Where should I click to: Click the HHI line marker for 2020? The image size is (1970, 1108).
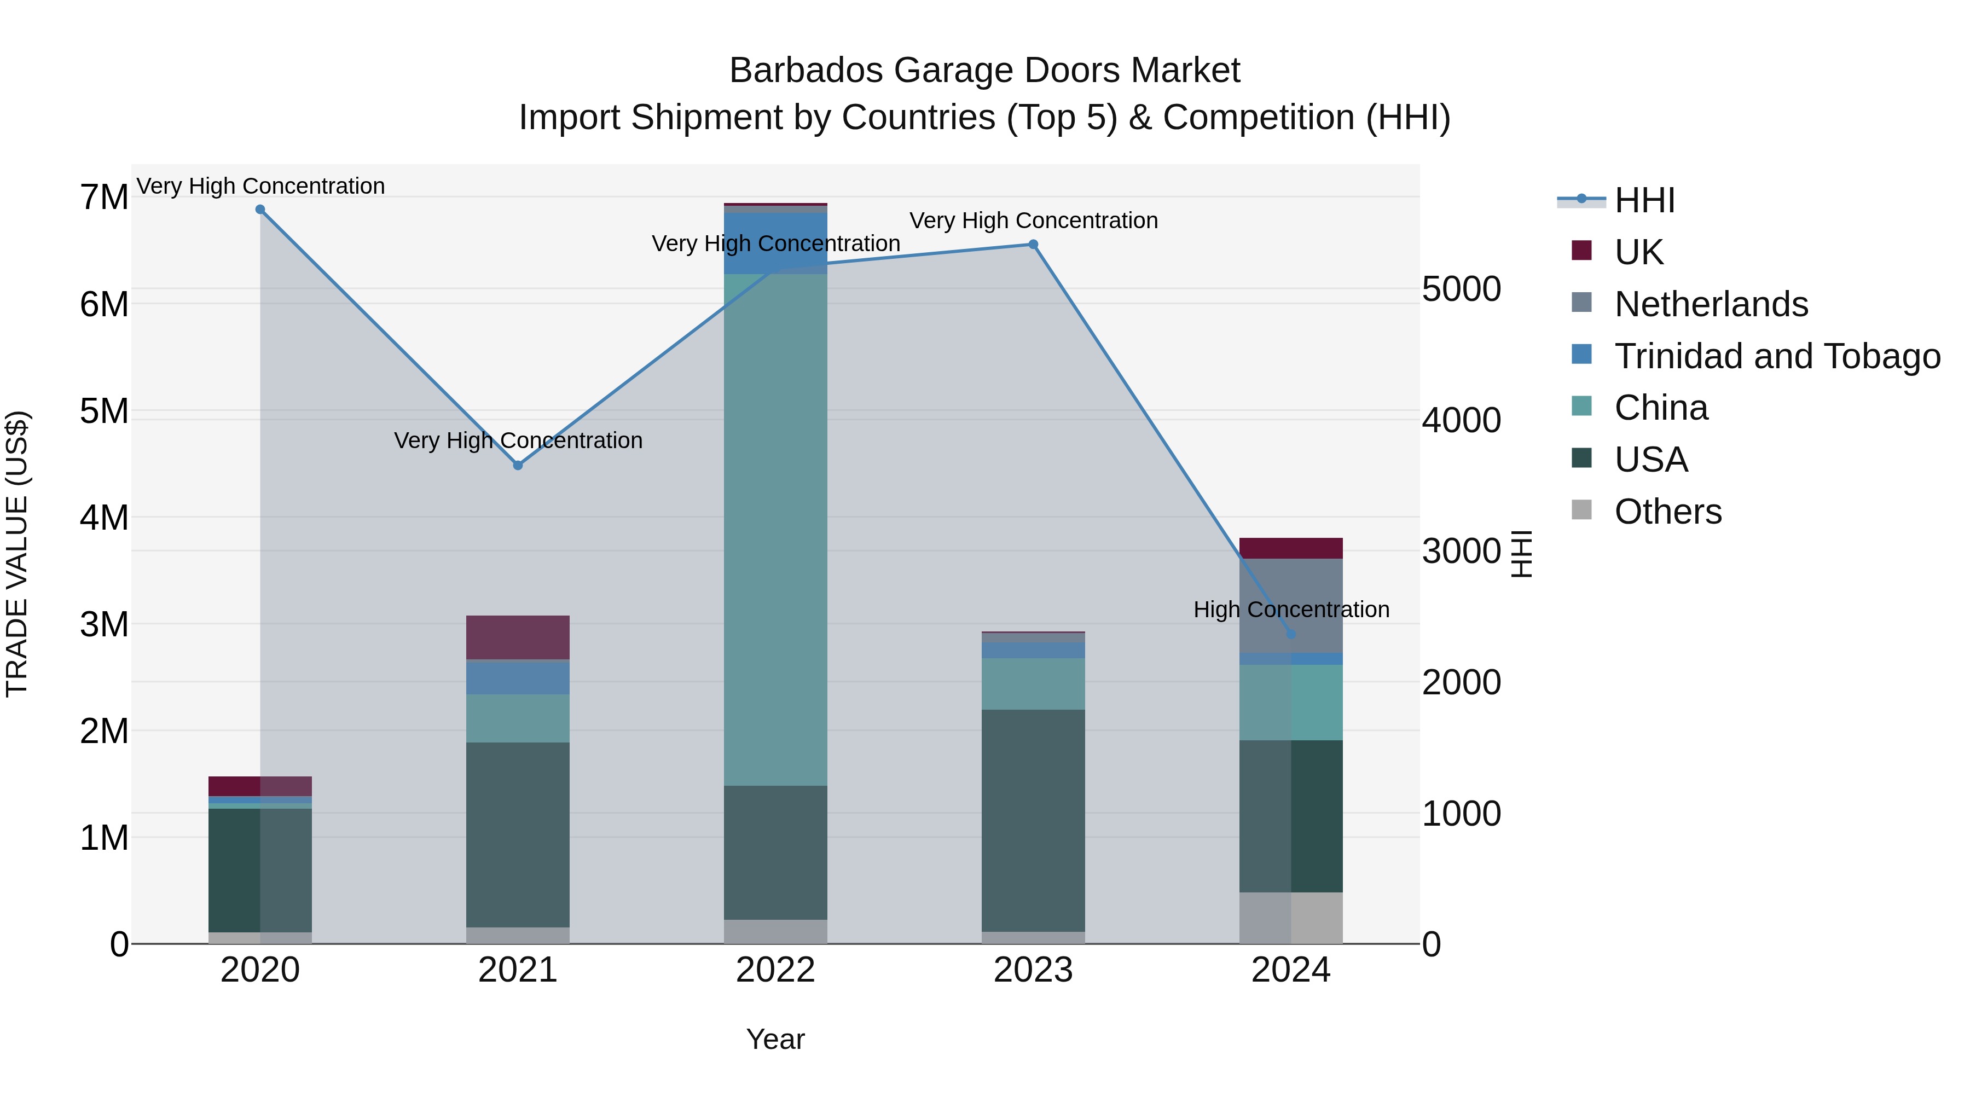coord(260,210)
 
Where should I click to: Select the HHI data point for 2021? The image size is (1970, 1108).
coord(518,465)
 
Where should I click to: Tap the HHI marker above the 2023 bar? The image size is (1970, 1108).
coord(1033,245)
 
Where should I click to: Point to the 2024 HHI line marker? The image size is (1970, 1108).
coord(1291,634)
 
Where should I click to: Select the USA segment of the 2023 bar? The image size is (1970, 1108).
coord(1033,820)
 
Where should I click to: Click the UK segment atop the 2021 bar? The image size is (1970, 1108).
coord(518,637)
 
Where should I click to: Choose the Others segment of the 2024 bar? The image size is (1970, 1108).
coord(1291,918)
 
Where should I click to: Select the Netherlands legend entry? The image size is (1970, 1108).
coord(1711,304)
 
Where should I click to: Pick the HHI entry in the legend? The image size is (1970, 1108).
coord(1644,200)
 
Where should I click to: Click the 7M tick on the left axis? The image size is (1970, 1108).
coord(104,198)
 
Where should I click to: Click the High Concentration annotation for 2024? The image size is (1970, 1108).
coord(1291,610)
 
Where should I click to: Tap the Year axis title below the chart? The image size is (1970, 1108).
coord(775,1039)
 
